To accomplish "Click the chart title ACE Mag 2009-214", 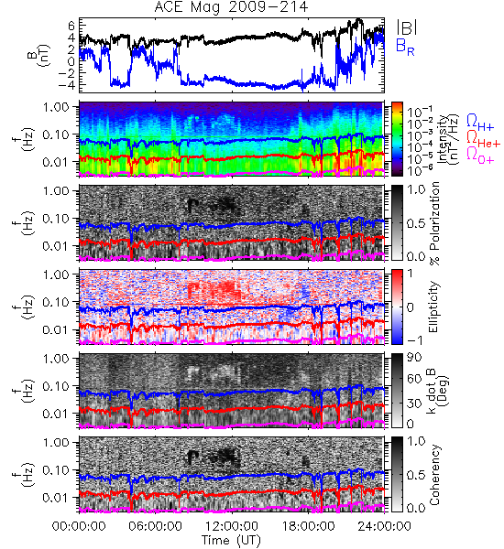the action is [x=231, y=7].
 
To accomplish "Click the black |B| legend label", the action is [x=407, y=27].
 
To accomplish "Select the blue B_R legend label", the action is [x=405, y=47].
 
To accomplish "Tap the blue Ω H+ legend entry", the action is [x=480, y=123].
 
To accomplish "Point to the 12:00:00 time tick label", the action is [x=232, y=527].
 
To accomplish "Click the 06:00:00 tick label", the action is [x=156, y=527].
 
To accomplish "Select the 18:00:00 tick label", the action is [x=308, y=527].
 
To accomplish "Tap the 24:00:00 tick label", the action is [x=384, y=527].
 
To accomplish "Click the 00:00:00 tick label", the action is [x=79, y=527].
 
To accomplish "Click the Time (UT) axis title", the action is [x=231, y=541].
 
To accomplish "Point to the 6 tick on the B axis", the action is [x=71, y=26].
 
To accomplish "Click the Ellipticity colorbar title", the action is [x=433, y=307].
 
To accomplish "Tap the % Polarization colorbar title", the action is [x=434, y=223].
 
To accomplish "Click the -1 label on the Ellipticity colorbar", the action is [x=415, y=340].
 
